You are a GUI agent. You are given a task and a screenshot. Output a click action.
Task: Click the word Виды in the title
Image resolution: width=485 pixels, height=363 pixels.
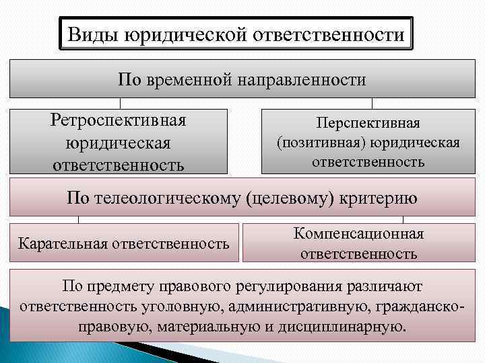[92, 34]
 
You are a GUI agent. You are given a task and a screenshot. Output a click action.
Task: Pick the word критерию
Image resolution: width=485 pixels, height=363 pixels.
[381, 198]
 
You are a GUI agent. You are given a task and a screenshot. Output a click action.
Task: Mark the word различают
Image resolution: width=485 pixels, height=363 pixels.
[385, 286]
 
